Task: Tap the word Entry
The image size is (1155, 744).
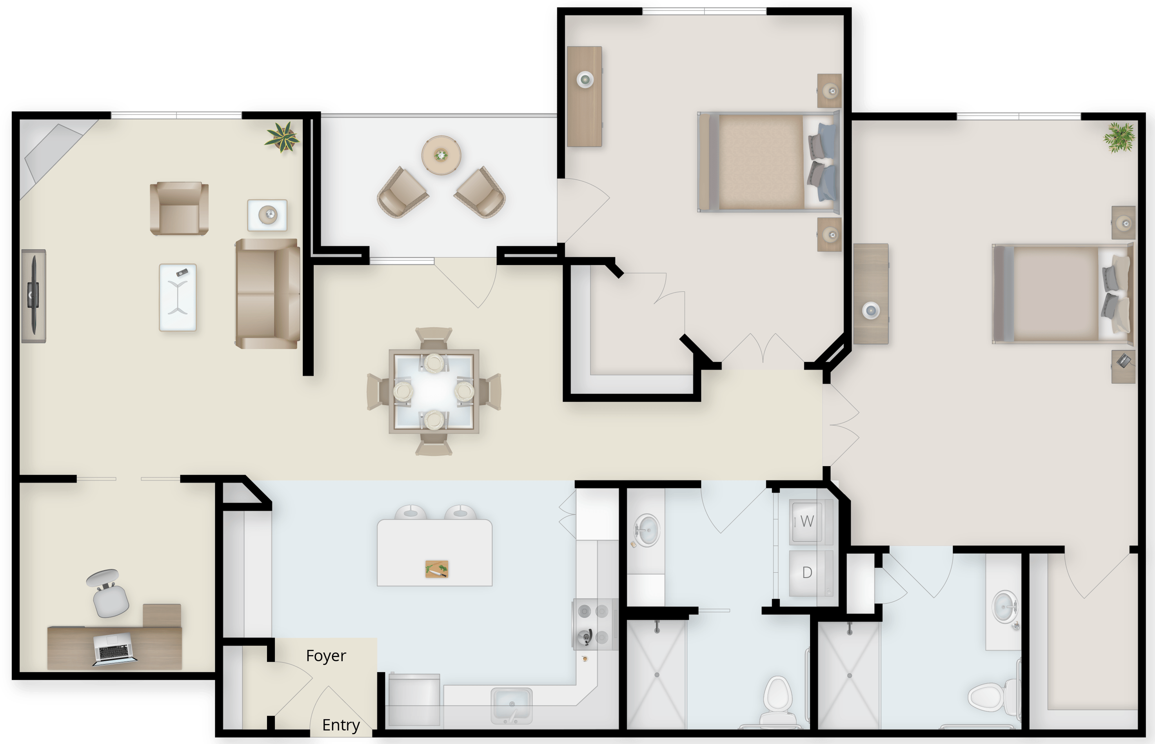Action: tap(341, 725)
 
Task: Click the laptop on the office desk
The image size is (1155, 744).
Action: tap(114, 649)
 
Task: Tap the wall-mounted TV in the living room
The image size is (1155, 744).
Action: tap(34, 296)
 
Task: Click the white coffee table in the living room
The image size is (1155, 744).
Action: tap(178, 297)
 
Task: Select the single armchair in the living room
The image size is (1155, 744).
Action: tap(179, 208)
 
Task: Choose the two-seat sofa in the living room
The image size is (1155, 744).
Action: tap(267, 293)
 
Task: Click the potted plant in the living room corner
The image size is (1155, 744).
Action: tap(283, 137)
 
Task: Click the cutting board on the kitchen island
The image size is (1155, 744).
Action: tap(437, 569)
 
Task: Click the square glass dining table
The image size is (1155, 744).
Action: tap(434, 391)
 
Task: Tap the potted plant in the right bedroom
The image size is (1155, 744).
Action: tap(1119, 137)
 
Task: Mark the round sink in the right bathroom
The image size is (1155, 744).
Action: tap(1005, 607)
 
